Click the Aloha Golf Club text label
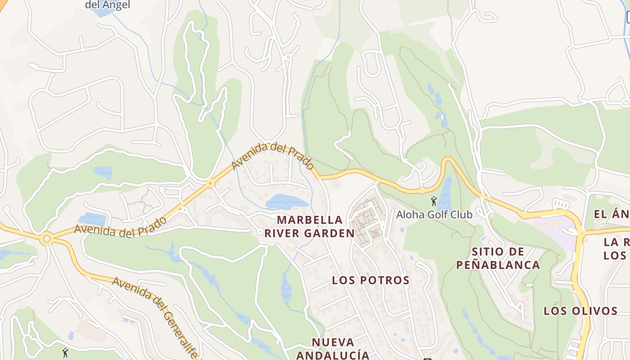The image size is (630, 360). click(434, 215)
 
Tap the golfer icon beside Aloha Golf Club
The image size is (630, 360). click(434, 201)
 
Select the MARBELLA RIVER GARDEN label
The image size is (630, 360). click(309, 226)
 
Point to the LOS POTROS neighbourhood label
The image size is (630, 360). click(371, 280)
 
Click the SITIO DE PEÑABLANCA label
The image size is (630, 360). click(498, 258)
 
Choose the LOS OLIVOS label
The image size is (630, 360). click(580, 311)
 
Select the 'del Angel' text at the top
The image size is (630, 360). click(108, 5)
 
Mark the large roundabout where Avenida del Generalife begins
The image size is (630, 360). click(46, 238)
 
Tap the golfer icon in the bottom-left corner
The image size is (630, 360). click(65, 352)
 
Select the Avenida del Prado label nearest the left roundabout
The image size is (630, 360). click(120, 227)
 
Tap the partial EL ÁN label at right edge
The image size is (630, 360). click(611, 214)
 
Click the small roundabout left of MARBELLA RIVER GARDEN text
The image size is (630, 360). click(260, 232)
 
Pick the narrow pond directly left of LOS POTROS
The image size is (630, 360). click(286, 288)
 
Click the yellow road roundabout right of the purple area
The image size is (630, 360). click(581, 233)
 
